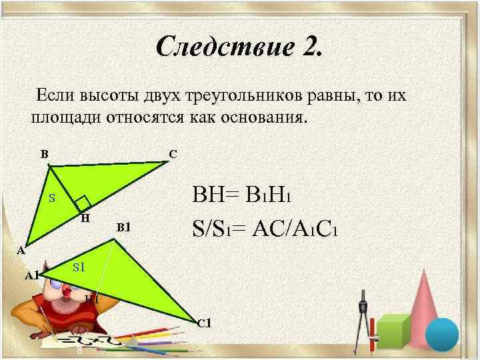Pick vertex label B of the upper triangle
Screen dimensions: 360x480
click(44, 154)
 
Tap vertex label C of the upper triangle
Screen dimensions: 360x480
click(173, 154)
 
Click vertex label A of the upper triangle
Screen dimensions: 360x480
click(21, 251)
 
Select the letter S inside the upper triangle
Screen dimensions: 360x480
click(52, 198)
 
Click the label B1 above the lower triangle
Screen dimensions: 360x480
click(124, 228)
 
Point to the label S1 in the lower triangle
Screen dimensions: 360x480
click(79, 267)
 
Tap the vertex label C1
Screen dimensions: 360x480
click(204, 324)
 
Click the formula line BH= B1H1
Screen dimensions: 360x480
click(243, 197)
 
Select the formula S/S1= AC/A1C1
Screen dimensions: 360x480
click(267, 231)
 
